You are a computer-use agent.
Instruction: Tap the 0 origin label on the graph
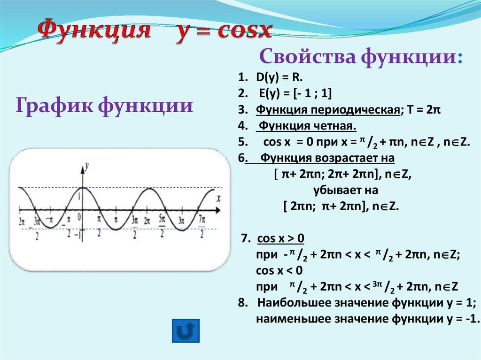click(x=79, y=216)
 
